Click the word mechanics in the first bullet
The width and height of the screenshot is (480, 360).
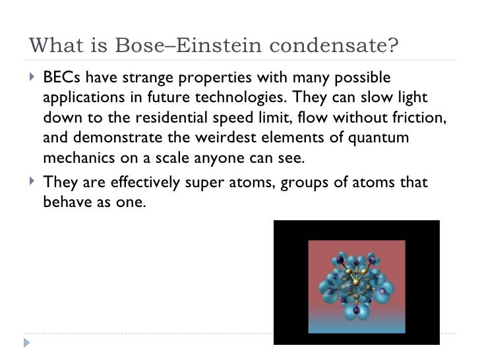pyautogui.click(x=75, y=160)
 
